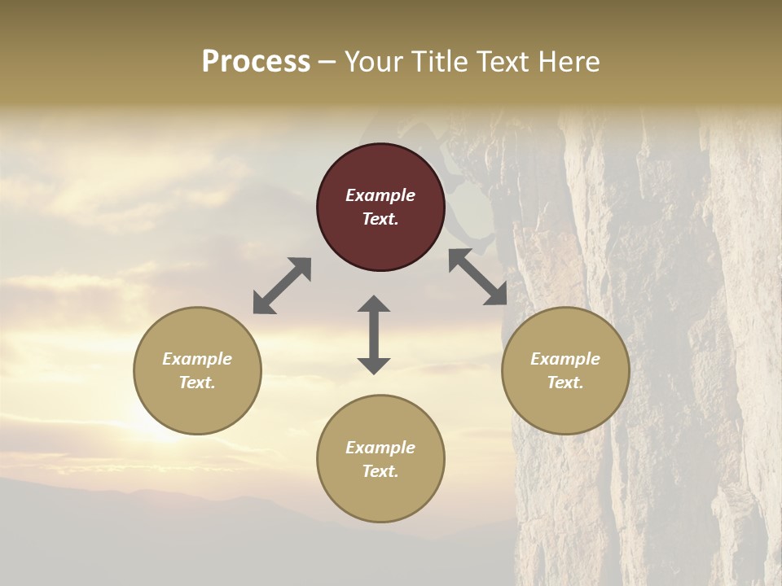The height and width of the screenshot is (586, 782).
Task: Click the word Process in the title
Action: click(x=256, y=62)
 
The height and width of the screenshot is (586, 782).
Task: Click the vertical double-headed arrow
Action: click(x=374, y=335)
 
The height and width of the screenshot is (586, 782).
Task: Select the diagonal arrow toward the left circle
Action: click(x=282, y=285)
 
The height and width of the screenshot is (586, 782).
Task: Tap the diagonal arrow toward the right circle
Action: click(x=478, y=278)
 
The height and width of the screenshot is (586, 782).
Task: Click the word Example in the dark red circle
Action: click(x=380, y=195)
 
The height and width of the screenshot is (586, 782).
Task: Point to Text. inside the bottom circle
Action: click(x=380, y=471)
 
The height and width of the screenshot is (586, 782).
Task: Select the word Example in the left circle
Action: click(x=197, y=359)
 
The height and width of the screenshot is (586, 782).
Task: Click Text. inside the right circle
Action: click(x=565, y=383)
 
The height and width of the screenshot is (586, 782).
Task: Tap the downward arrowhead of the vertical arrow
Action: click(x=374, y=365)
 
